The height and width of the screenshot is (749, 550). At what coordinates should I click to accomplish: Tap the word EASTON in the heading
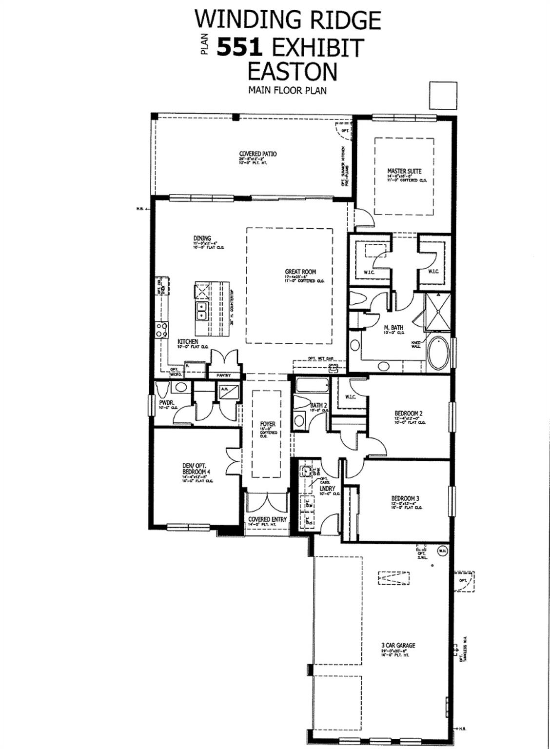click(x=292, y=71)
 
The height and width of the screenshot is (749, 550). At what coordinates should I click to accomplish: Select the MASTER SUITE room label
click(x=404, y=171)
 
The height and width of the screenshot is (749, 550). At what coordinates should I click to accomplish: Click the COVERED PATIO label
click(x=257, y=154)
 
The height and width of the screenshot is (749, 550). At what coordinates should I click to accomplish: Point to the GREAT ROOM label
click(x=300, y=272)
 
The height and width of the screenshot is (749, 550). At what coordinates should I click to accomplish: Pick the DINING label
click(x=202, y=238)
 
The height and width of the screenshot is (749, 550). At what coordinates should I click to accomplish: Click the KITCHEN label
click(x=188, y=342)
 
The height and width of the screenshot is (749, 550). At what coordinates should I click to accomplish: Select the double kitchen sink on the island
click(x=201, y=310)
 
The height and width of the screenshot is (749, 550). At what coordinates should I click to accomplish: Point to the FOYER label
click(x=268, y=424)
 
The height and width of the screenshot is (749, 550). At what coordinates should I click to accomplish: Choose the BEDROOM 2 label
click(x=408, y=414)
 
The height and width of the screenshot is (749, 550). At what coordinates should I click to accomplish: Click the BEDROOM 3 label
click(x=405, y=498)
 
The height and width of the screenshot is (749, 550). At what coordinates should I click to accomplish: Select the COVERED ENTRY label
click(x=267, y=519)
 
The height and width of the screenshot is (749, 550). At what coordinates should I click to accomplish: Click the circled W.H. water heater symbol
click(x=443, y=550)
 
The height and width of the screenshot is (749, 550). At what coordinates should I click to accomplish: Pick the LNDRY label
click(x=327, y=488)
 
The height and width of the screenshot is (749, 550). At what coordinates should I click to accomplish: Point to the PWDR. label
click(x=167, y=402)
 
